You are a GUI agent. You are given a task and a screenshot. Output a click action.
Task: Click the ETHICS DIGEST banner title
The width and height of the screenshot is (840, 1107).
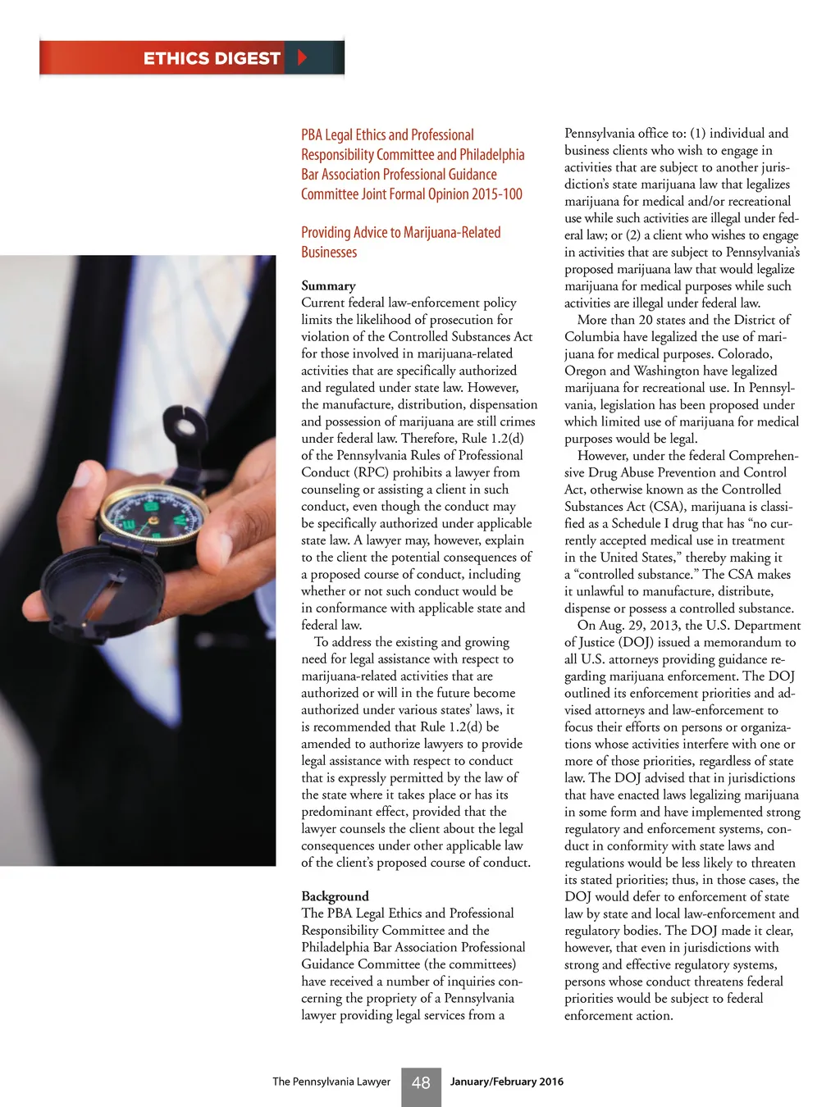coord(212,58)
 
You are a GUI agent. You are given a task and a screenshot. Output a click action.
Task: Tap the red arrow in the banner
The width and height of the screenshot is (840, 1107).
coord(302,57)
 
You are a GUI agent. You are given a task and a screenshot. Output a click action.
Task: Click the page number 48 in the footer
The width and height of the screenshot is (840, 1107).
coord(421,1083)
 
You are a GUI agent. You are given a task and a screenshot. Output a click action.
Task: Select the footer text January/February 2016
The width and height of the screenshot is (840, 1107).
coord(507,1082)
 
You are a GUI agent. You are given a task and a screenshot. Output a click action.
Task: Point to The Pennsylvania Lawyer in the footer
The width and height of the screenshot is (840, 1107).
coord(331,1082)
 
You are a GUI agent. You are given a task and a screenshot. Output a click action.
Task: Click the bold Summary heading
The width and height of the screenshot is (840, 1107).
coord(328,285)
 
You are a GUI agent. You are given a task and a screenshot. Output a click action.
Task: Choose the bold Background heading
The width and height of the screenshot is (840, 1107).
coord(335,896)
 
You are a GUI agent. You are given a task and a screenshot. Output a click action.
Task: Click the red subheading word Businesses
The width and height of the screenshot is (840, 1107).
coord(329,253)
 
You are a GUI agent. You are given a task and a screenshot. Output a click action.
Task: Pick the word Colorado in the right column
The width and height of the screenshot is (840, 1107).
coord(745,353)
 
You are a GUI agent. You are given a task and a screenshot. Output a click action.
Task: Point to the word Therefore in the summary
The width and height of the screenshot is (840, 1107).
coord(432,439)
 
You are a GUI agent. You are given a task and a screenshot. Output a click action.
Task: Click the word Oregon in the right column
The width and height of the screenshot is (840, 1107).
coord(586,371)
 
